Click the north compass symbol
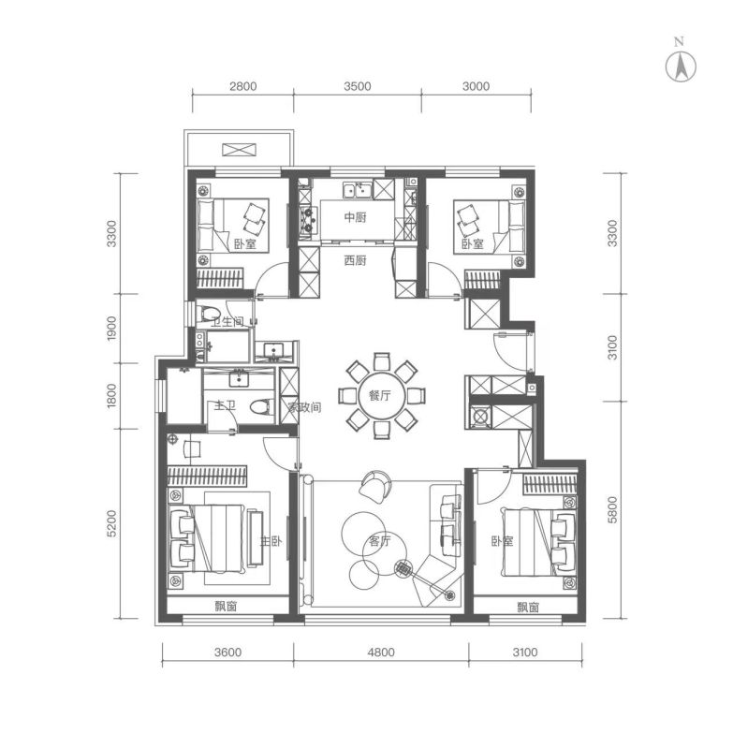coord(681,66)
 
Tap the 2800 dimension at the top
coord(242,86)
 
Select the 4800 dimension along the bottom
coord(381,652)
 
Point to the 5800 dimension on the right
coord(612,509)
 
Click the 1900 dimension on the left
coord(111,329)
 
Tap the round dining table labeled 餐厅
coord(381,396)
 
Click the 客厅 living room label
coord(380,540)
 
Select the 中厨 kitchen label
coord(356,217)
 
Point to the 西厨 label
coord(356,261)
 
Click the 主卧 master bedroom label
coord(271,540)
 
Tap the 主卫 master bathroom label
coord(225,406)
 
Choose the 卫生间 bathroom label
coord(227,321)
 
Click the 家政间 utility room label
coord(304,407)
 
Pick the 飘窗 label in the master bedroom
coord(226,607)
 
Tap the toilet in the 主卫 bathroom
coord(260,406)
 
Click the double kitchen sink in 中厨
coord(358,189)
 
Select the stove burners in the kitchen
coord(307,218)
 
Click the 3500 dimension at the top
coord(358,86)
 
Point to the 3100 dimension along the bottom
coord(525,652)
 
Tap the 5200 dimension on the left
coord(111,523)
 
